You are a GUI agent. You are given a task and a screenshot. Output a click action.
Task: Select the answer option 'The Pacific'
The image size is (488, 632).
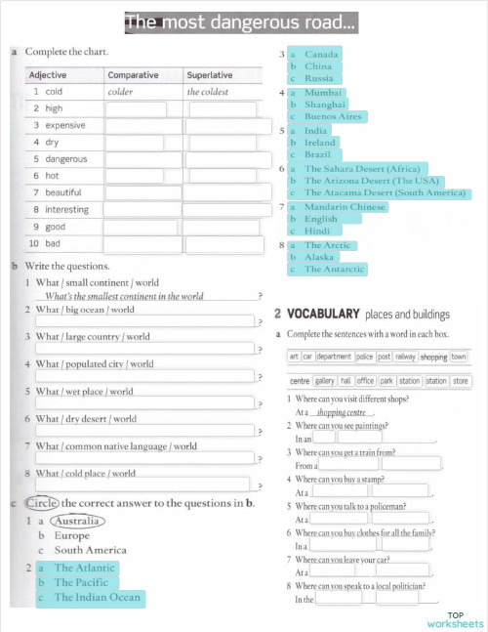81,583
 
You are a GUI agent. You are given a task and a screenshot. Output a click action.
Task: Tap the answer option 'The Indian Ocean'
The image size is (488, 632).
97,598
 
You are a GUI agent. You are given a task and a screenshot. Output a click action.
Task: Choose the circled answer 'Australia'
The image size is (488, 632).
76,522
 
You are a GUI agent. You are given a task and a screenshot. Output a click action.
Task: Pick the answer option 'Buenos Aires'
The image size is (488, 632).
333,116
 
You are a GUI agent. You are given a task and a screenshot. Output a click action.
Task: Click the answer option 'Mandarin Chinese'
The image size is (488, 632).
346,207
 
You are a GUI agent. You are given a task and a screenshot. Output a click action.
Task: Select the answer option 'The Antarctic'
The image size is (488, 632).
334,269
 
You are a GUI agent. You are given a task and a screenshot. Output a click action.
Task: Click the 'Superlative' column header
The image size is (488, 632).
209,74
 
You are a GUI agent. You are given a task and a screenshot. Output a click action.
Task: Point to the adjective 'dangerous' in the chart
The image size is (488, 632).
65,159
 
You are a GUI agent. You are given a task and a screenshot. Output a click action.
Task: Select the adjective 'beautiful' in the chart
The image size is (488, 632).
63,192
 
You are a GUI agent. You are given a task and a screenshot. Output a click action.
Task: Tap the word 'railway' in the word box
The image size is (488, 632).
403,358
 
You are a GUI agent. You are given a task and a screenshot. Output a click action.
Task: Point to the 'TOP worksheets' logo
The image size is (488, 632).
454,618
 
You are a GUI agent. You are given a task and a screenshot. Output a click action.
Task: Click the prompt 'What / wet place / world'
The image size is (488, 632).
85,392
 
